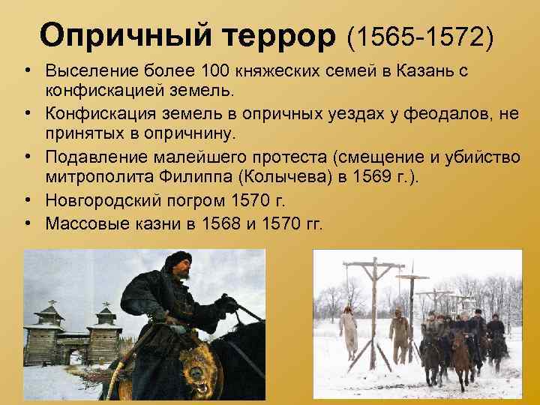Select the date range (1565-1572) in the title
click(x=420, y=34)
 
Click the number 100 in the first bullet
click(x=217, y=73)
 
